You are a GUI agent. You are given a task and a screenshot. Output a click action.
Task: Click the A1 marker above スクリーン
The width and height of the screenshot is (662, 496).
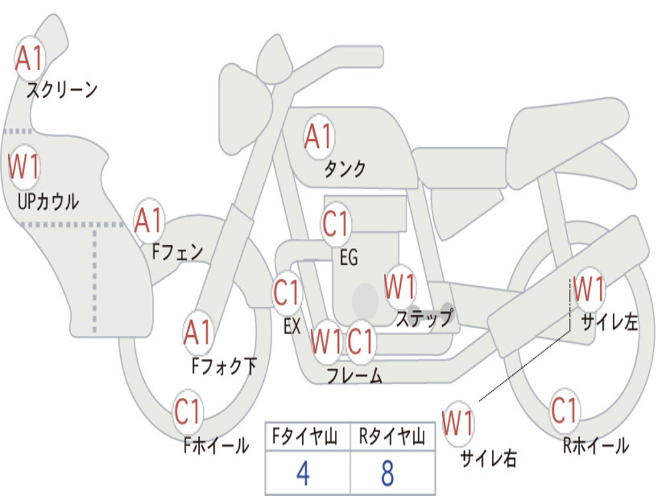tap(29, 59)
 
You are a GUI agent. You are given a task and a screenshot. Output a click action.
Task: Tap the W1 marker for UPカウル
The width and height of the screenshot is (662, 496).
tap(24, 167)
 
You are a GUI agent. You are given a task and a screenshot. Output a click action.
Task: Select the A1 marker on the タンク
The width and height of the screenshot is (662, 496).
tap(319, 137)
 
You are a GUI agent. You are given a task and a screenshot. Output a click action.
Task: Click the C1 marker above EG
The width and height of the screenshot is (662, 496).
tap(336, 225)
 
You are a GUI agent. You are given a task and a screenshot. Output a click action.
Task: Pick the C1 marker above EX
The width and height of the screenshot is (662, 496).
tap(287, 293)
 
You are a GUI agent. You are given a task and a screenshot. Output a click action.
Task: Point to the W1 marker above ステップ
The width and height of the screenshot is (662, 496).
tap(400, 287)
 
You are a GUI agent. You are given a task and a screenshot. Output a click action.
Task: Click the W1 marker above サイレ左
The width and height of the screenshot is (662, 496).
tap(590, 289)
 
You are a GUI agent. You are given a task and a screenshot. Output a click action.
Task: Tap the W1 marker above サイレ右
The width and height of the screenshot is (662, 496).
tap(458, 424)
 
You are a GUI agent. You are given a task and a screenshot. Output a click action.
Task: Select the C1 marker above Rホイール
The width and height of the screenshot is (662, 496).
tap(564, 411)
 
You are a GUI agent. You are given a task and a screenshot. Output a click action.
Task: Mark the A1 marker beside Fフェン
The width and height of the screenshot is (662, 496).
tap(149, 221)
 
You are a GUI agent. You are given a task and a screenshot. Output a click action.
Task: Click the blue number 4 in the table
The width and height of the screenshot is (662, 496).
tap(303, 474)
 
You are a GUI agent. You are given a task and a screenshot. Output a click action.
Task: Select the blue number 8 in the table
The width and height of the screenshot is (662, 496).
tap(388, 474)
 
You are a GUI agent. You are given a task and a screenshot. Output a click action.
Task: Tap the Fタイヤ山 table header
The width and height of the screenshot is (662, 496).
tap(303, 439)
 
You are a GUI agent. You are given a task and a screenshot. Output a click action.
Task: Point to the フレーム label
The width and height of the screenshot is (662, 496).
tap(354, 376)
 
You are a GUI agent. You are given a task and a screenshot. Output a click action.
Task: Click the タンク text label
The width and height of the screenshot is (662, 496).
tap(345, 169)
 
